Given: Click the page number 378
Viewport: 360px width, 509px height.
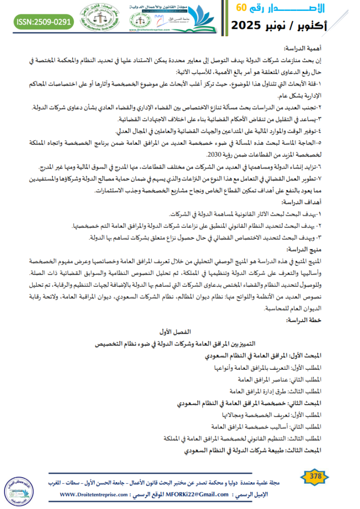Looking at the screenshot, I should tap(315, 476).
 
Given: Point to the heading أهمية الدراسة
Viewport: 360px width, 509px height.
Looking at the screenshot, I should tap(303, 49).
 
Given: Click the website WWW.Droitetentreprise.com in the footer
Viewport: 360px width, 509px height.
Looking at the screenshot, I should tap(96, 495).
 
